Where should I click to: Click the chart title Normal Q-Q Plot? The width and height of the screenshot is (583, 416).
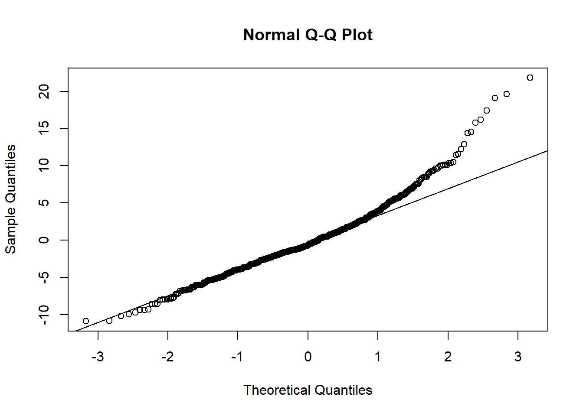(308, 35)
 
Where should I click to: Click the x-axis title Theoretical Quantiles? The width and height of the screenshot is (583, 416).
(308, 390)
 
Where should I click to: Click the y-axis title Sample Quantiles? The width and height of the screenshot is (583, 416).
(10, 199)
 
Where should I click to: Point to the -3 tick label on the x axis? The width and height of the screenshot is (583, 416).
(98, 357)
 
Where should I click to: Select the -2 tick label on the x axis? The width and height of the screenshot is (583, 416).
(167, 357)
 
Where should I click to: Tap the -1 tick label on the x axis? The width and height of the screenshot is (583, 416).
(237, 357)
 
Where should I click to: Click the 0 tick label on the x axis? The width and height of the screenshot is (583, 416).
(308, 357)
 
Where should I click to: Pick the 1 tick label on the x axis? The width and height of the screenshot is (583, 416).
(378, 357)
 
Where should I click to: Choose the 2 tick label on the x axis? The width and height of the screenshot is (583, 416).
(448, 357)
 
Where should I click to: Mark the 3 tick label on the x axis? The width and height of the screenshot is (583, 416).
(518, 357)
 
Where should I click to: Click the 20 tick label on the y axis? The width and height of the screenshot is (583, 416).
(44, 91)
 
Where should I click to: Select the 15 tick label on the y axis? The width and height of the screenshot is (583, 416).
(44, 129)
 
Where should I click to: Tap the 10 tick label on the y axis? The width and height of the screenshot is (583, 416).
(44, 166)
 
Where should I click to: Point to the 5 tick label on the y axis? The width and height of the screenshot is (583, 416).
(44, 203)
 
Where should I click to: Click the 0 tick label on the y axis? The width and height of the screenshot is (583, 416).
(44, 240)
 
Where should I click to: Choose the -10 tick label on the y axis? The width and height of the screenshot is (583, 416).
(44, 314)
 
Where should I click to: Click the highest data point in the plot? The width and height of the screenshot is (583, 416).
(530, 78)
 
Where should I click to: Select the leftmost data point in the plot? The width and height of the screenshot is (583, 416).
(86, 321)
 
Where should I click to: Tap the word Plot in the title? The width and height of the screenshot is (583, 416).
(357, 35)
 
